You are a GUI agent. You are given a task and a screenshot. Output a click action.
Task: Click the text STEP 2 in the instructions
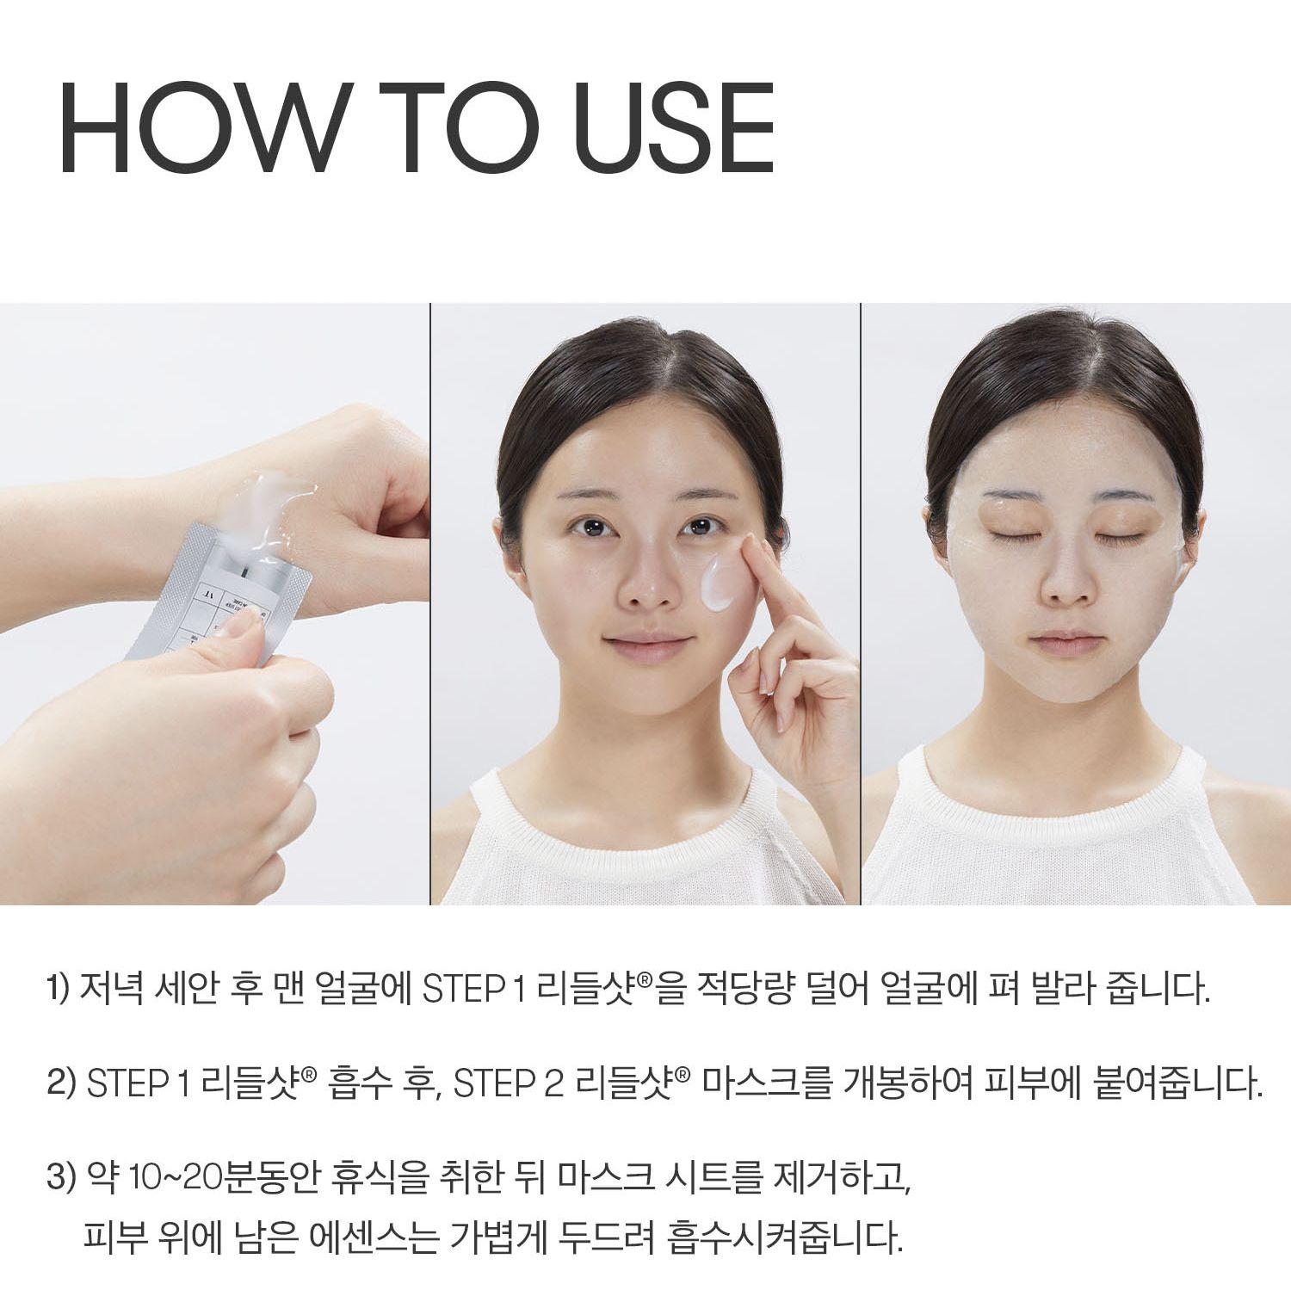(508, 1083)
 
